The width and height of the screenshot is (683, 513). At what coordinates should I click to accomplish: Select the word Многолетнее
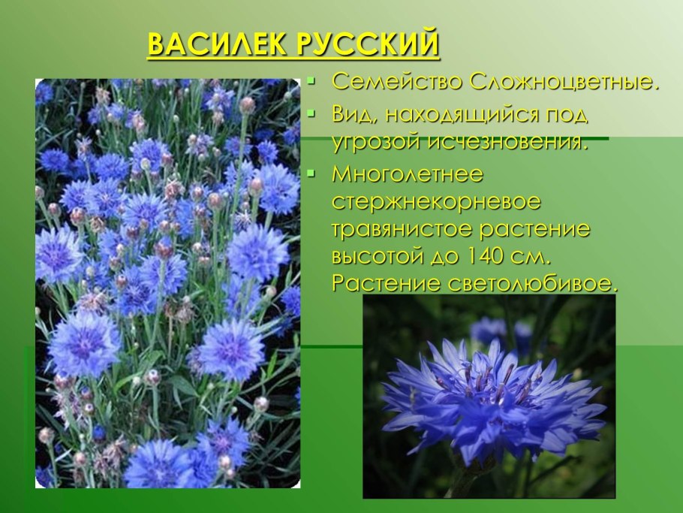408,175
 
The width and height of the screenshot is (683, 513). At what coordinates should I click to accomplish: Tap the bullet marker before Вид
312,114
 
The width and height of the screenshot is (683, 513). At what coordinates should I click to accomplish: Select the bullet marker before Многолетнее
312,174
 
